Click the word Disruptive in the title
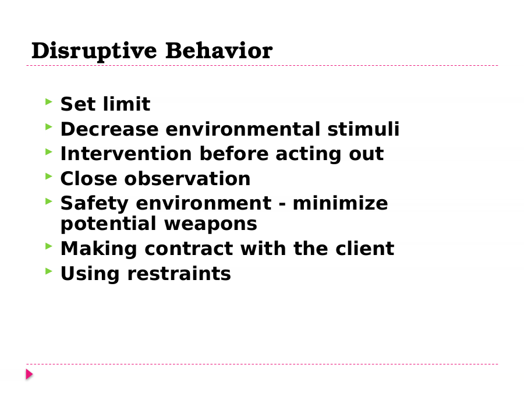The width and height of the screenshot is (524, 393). click(x=94, y=51)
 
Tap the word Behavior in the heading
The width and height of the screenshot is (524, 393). click(x=219, y=51)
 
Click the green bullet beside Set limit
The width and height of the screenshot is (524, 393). click(x=49, y=101)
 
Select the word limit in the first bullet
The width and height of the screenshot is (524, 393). click(x=127, y=104)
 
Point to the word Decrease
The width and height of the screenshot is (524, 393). click(x=109, y=129)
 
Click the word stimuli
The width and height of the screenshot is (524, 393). click(x=363, y=129)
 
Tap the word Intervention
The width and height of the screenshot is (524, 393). click(x=126, y=154)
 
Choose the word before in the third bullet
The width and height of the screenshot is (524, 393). click(x=234, y=154)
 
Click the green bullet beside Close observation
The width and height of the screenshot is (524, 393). click(x=49, y=176)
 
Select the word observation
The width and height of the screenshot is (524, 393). click(x=187, y=179)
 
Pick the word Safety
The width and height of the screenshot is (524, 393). click(x=94, y=204)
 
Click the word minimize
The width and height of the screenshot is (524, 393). click(x=340, y=203)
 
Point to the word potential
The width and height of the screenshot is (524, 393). click(x=108, y=224)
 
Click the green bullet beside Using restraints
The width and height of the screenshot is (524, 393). click(x=49, y=271)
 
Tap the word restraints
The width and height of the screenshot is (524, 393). click(x=179, y=274)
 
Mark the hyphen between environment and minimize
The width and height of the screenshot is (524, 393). click(x=282, y=204)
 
